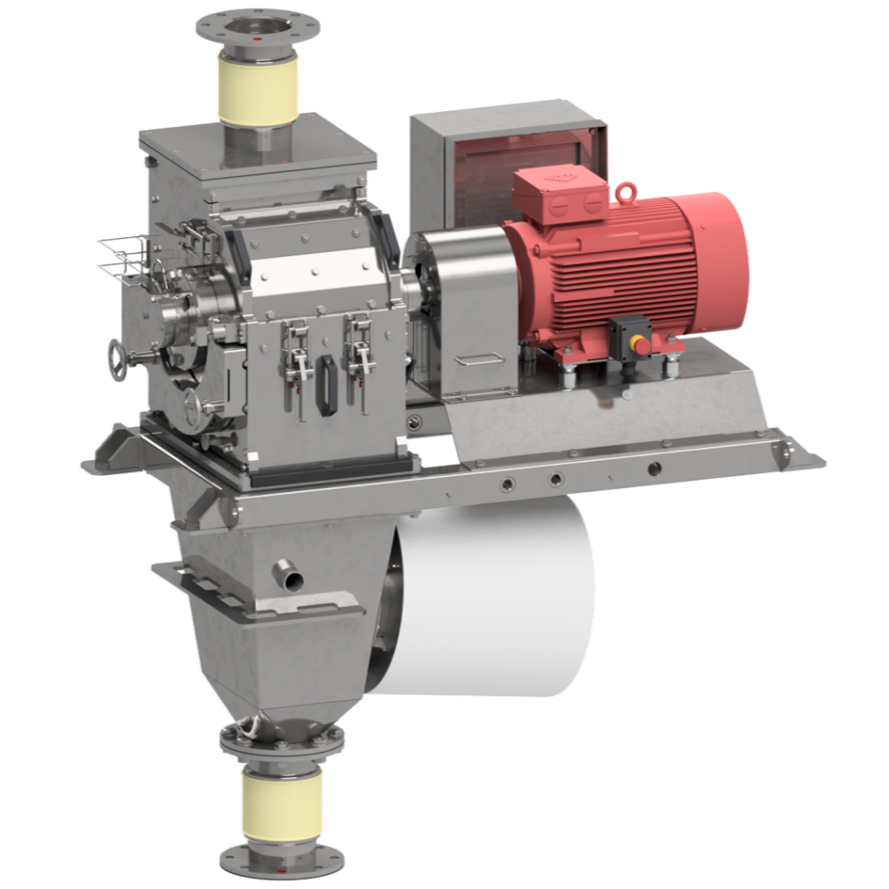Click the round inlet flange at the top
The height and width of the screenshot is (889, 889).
(257, 26)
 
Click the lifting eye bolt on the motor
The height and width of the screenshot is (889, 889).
(624, 190)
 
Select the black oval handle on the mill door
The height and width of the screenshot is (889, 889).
(328, 383)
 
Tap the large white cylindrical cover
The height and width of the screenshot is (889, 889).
(495, 599)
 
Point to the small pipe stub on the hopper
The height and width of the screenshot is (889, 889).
(287, 575)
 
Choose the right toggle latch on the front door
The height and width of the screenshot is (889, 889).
(358, 352)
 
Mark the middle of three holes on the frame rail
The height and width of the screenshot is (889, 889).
(556, 478)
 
